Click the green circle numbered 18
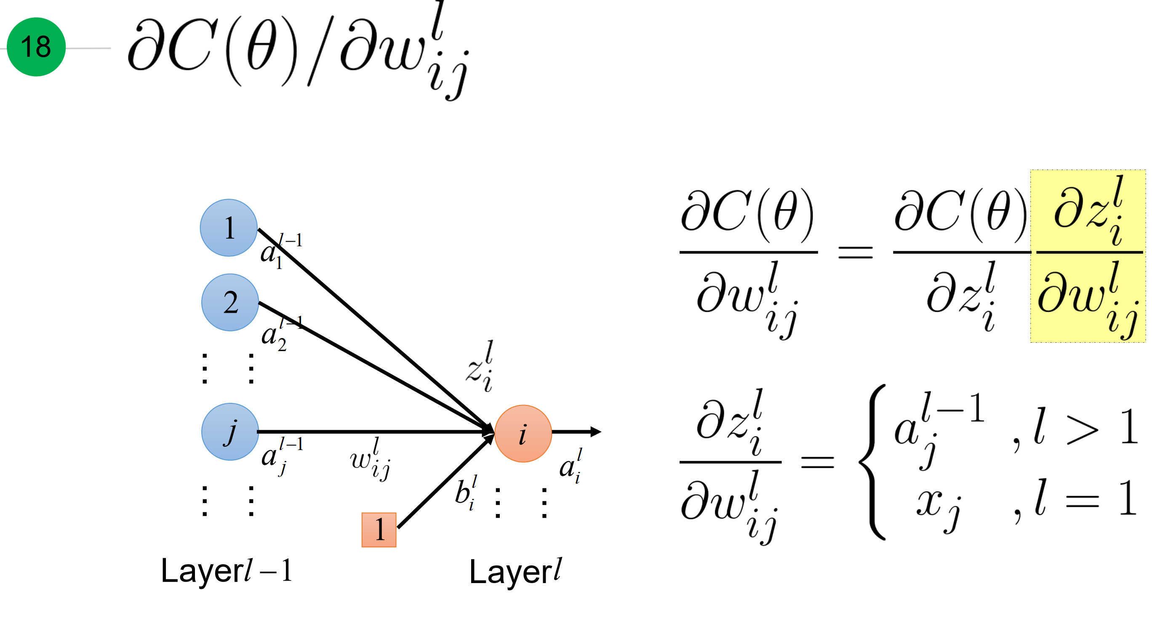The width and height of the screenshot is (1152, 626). [36, 47]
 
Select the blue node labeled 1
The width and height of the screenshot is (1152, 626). [229, 228]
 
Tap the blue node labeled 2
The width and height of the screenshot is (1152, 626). [230, 302]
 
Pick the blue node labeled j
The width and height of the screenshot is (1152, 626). [230, 432]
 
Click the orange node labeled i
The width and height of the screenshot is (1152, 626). [523, 433]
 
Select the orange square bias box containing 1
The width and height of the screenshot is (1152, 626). [379, 530]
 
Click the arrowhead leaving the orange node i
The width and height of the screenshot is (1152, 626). [596, 432]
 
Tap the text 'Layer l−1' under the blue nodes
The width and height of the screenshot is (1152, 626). [226, 570]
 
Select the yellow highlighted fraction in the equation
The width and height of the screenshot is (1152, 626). [1088, 256]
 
